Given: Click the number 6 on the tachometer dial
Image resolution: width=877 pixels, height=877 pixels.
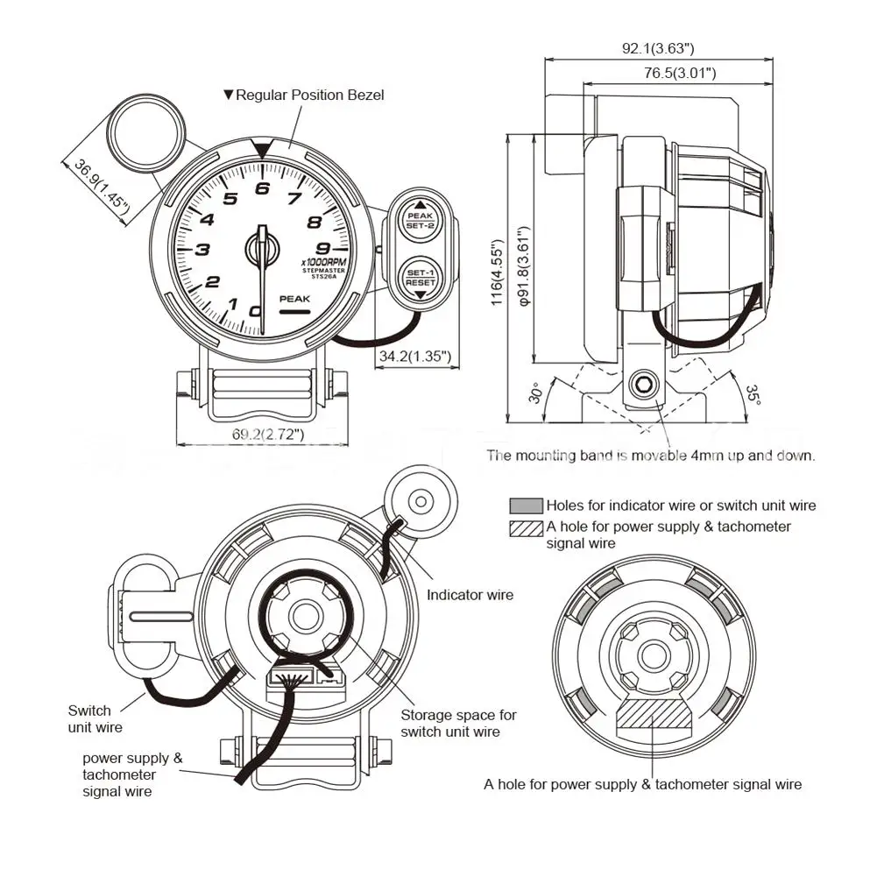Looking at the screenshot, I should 261,187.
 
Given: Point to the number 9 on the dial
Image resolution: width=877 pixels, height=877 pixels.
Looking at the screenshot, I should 323,247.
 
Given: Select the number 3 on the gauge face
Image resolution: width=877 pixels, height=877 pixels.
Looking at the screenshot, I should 202,250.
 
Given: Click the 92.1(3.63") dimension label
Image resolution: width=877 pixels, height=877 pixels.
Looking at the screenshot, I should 657,48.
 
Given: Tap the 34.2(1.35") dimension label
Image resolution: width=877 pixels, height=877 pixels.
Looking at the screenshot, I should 414,356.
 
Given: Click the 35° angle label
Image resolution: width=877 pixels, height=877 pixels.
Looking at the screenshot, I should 753,393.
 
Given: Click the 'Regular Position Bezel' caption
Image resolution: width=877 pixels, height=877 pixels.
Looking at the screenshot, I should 309,95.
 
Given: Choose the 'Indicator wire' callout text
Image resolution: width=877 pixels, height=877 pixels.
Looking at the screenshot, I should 470,595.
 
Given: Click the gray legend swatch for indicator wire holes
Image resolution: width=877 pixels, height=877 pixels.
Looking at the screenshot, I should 526,506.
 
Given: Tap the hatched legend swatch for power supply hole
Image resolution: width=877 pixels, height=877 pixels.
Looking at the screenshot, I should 526,528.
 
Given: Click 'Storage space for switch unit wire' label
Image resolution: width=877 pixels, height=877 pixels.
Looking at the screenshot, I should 458,723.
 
